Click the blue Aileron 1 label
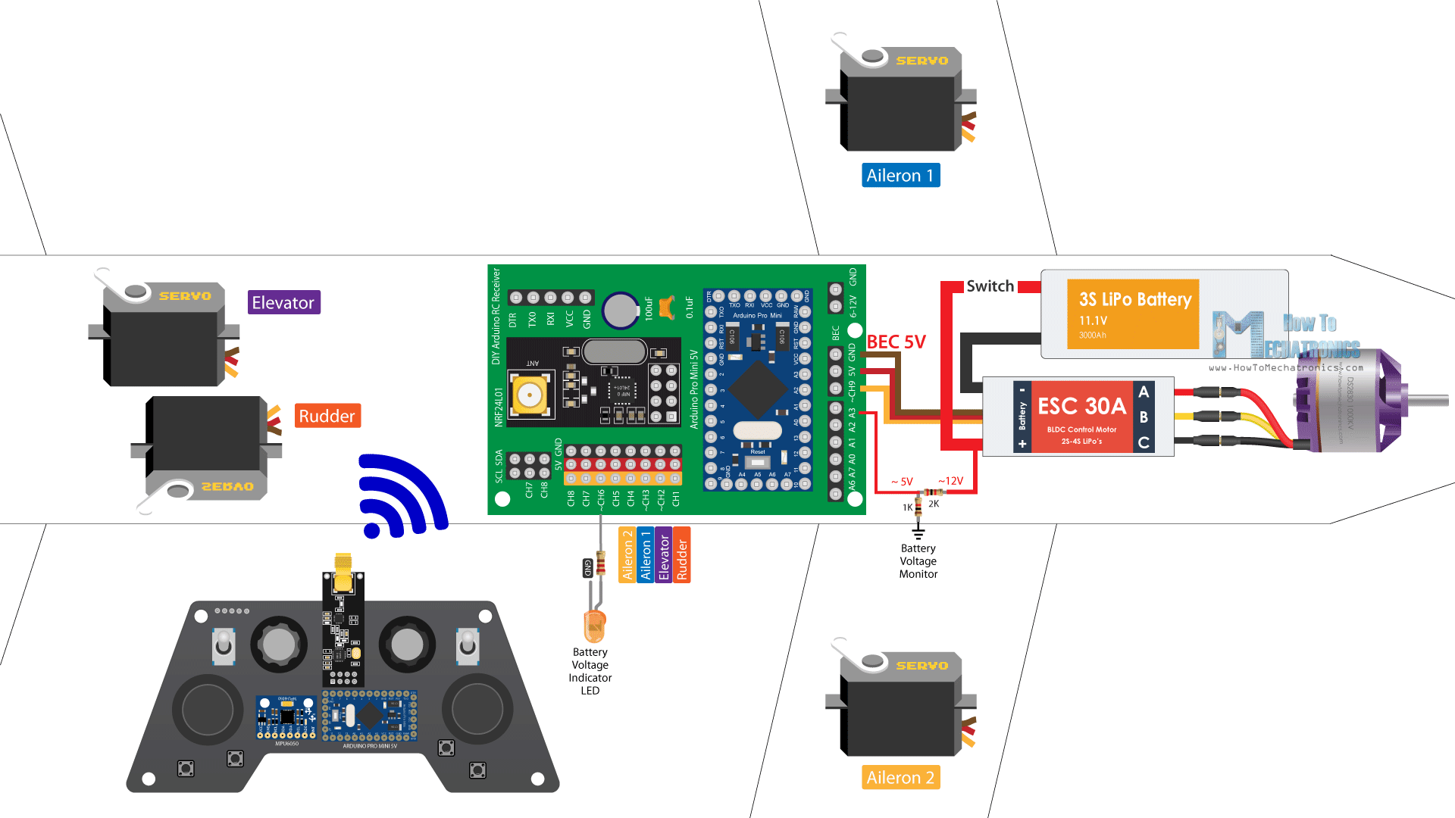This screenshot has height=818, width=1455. pyautogui.click(x=900, y=175)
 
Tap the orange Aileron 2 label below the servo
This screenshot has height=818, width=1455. pyautogui.click(x=900, y=777)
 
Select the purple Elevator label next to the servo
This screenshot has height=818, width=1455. pyautogui.click(x=283, y=302)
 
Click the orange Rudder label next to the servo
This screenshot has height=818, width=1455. pyautogui.click(x=327, y=416)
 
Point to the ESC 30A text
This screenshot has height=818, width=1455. pyautogui.click(x=1081, y=406)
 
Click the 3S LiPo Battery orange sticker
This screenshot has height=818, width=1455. pyautogui.click(x=1133, y=314)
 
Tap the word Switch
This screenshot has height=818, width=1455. pyautogui.click(x=990, y=286)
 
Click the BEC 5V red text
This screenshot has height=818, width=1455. pyautogui.click(x=896, y=342)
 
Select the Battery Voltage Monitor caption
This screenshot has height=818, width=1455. pyautogui.click(x=918, y=561)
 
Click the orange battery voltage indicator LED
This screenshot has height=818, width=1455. pyautogui.click(x=595, y=626)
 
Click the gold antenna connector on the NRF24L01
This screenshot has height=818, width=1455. pyautogui.click(x=530, y=395)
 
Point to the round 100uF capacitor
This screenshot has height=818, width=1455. pyautogui.click(x=621, y=311)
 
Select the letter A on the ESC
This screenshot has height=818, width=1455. pyautogui.click(x=1144, y=392)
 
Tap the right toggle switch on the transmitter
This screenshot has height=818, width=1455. pyautogui.click(x=468, y=645)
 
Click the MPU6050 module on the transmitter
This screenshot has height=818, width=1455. pyautogui.click(x=286, y=717)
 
